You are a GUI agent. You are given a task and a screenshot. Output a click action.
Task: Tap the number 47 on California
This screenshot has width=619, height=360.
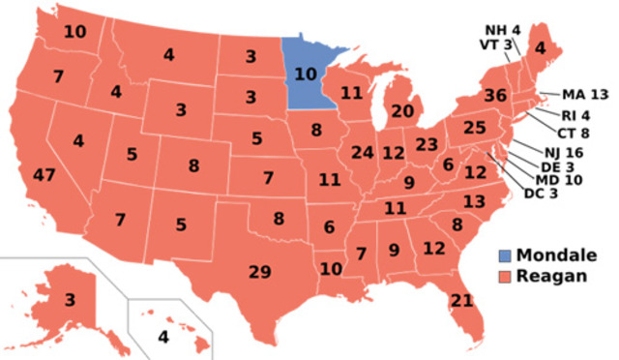pos(44,175)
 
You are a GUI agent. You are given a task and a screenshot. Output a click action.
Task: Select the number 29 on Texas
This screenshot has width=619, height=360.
pos(259,272)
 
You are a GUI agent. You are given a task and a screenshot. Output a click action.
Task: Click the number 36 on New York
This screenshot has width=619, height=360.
pos(496,96)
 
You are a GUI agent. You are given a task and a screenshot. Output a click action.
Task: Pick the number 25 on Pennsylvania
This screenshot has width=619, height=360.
pos(473,127)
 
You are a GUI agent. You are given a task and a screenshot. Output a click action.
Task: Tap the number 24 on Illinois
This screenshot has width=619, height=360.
pos(363,152)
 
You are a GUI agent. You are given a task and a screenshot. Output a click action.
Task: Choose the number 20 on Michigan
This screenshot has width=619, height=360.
pos(402,110)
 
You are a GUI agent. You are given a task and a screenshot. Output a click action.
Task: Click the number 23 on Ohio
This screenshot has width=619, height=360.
pos(427,145)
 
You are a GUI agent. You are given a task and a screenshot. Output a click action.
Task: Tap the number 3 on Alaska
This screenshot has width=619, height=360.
pos(71,299)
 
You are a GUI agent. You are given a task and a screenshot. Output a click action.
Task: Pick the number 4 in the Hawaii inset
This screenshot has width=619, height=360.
pos(162,338)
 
